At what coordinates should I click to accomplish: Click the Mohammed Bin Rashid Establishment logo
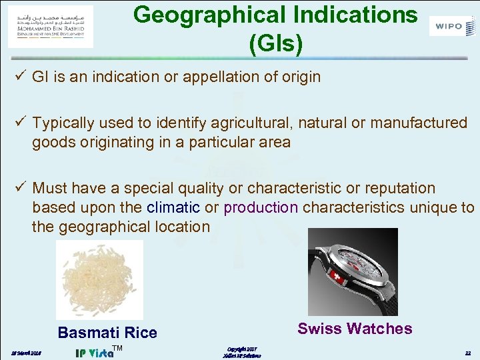51,26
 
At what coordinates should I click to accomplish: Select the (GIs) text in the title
275,44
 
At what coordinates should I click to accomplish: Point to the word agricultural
252,123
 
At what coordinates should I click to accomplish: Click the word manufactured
412,123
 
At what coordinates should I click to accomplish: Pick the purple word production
261,207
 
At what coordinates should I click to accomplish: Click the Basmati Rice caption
107,333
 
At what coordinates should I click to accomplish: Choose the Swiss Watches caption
355,329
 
